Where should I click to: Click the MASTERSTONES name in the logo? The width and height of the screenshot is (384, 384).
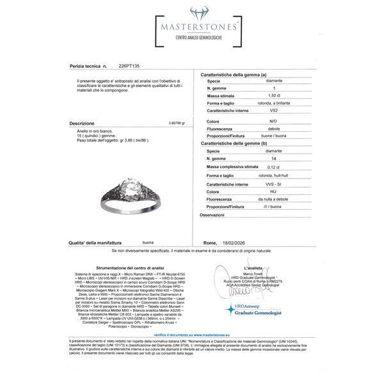192,28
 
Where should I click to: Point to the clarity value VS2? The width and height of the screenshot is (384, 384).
272,111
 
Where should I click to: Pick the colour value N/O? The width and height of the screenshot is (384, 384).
272,121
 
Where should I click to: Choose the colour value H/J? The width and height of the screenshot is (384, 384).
272,191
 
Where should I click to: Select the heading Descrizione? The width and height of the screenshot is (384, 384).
81,123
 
